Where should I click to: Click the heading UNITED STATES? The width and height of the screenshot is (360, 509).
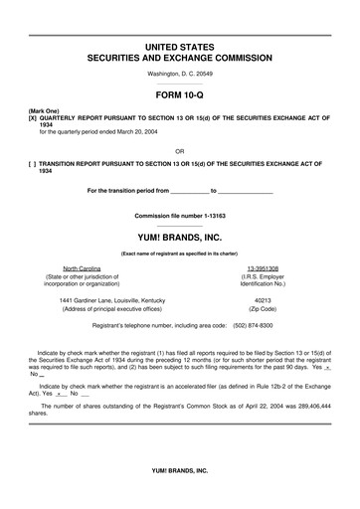180,47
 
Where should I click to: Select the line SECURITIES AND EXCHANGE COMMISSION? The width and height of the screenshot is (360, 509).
180,60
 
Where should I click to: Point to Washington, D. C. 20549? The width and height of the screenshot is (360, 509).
180,75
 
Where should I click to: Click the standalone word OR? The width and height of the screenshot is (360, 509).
179,152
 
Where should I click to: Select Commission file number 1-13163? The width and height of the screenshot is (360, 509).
179,216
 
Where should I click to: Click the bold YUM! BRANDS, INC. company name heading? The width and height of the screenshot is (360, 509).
179,237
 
